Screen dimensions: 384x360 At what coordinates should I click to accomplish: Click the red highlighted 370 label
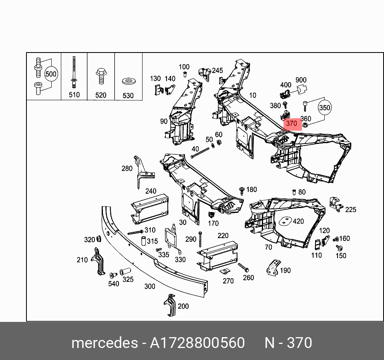point(291,123)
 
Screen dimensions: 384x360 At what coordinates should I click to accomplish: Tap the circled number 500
point(51,74)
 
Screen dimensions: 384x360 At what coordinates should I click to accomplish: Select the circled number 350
point(325,108)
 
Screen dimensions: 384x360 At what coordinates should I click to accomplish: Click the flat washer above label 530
point(128,82)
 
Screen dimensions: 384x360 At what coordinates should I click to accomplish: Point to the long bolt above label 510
point(74,72)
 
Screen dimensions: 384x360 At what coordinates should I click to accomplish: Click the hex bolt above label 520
point(100,76)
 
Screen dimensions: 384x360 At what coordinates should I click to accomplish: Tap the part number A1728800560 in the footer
point(197,343)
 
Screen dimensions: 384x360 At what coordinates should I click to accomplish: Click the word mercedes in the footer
point(104,343)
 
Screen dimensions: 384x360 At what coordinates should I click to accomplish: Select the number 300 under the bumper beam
point(149,286)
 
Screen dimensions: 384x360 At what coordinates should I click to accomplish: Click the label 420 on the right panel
point(298,221)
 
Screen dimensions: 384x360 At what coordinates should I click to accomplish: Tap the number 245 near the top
point(217,71)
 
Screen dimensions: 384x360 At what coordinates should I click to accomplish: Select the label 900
point(301,80)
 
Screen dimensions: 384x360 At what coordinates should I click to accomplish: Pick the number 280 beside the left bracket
point(127,168)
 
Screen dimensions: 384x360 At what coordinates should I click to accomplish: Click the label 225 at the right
point(351,209)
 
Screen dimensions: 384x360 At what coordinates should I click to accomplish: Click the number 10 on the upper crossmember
point(253,95)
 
